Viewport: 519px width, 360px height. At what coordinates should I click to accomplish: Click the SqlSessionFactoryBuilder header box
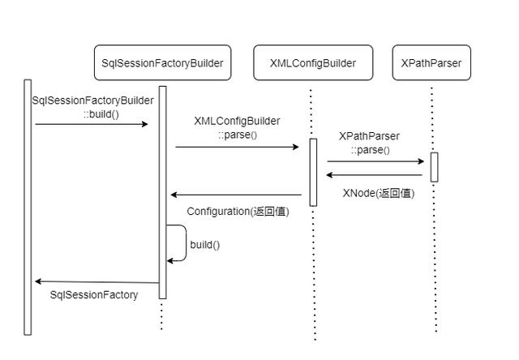(x=162, y=62)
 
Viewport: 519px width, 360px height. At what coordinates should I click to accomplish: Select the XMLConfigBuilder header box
(x=312, y=62)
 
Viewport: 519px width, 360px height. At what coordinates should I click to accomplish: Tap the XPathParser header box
(x=431, y=62)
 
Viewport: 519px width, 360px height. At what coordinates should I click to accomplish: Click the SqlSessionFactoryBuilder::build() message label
(x=92, y=107)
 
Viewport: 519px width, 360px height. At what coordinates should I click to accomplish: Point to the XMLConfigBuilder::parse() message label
(x=237, y=127)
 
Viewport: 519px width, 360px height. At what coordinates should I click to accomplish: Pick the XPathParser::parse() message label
(x=370, y=143)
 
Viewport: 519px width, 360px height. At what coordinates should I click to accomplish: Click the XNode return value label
(x=378, y=193)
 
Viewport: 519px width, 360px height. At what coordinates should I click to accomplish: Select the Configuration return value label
(x=238, y=211)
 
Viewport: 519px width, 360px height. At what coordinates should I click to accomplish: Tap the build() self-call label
(x=205, y=244)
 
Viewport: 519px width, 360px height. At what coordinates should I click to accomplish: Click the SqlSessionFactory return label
(x=94, y=295)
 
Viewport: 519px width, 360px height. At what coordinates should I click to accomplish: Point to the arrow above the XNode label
(x=375, y=174)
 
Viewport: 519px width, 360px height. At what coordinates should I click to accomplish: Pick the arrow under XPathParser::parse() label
(x=375, y=161)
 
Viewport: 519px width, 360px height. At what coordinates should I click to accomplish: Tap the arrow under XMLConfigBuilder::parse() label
(x=237, y=147)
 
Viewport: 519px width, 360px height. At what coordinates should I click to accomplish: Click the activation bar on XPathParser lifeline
(x=434, y=167)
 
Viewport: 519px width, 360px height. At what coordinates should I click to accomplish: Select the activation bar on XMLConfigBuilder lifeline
(x=313, y=172)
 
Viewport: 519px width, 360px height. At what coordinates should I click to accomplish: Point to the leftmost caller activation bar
(x=28, y=206)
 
